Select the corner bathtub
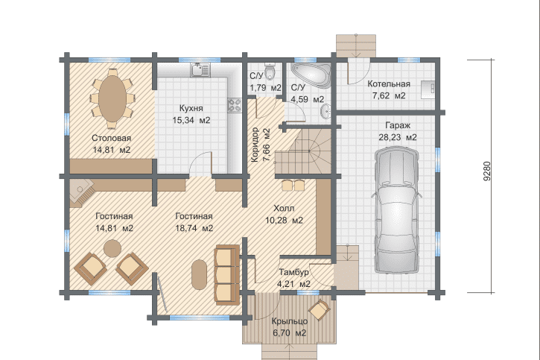[311, 75]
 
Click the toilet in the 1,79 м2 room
[270, 71]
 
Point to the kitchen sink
[200, 69]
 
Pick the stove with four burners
[234, 105]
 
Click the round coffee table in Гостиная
[112, 248]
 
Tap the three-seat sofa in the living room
[227, 275]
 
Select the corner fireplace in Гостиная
[82, 193]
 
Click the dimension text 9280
[486, 171]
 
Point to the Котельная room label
[389, 83]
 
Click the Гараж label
[398, 125]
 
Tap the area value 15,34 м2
[191, 120]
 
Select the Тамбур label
[293, 272]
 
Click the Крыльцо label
[289, 321]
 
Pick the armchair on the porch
[320, 309]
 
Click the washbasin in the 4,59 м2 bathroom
[325, 111]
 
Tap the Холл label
[284, 208]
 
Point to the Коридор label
[255, 145]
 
